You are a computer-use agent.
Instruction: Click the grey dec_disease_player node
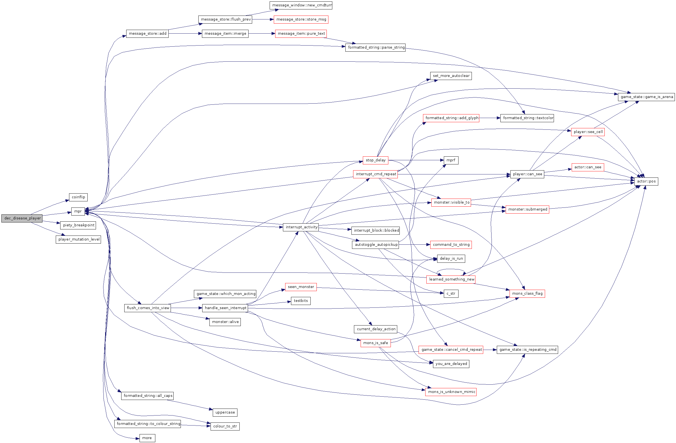[22, 218]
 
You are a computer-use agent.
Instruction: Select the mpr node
[78, 211]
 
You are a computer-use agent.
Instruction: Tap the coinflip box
[79, 197]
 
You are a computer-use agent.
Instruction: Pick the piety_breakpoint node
[78, 225]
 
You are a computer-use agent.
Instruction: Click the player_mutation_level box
[79, 239]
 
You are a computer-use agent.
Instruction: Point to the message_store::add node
[147, 34]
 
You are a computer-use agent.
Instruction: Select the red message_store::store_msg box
[301, 19]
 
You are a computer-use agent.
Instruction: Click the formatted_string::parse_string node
[376, 47]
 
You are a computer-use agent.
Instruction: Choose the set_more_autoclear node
[451, 76]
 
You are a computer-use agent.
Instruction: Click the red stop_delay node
[376, 160]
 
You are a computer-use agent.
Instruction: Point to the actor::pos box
[646, 181]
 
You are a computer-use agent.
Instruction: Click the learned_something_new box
[451, 279]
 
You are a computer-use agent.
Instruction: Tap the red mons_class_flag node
[527, 294]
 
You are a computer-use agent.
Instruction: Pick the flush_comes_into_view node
[147, 308]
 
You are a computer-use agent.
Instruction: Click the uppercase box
[225, 412]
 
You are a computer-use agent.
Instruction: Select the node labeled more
[147, 438]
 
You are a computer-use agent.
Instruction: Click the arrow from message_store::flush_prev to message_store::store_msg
[263, 19]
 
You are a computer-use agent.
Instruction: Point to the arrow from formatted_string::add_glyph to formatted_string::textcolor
[490, 118]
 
